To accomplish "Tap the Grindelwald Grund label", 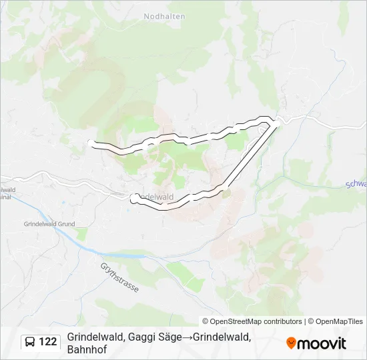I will [x=49, y=225].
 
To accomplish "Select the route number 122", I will [x=47, y=342].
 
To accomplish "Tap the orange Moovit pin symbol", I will [x=291, y=343].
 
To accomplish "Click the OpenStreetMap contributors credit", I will [x=252, y=321].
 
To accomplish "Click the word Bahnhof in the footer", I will [x=87, y=349].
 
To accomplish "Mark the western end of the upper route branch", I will [x=92, y=142].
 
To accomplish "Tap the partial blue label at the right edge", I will [x=357, y=184].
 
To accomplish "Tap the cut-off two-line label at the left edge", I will [x=7, y=193].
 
